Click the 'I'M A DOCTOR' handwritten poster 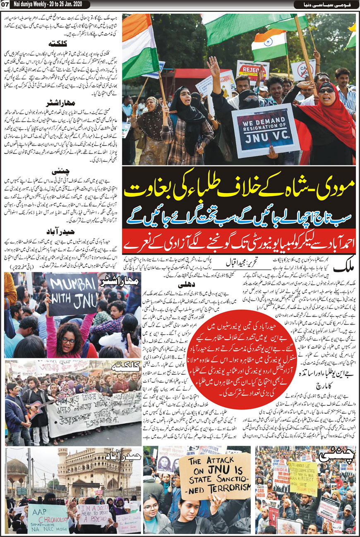click(x=95, y=514)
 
